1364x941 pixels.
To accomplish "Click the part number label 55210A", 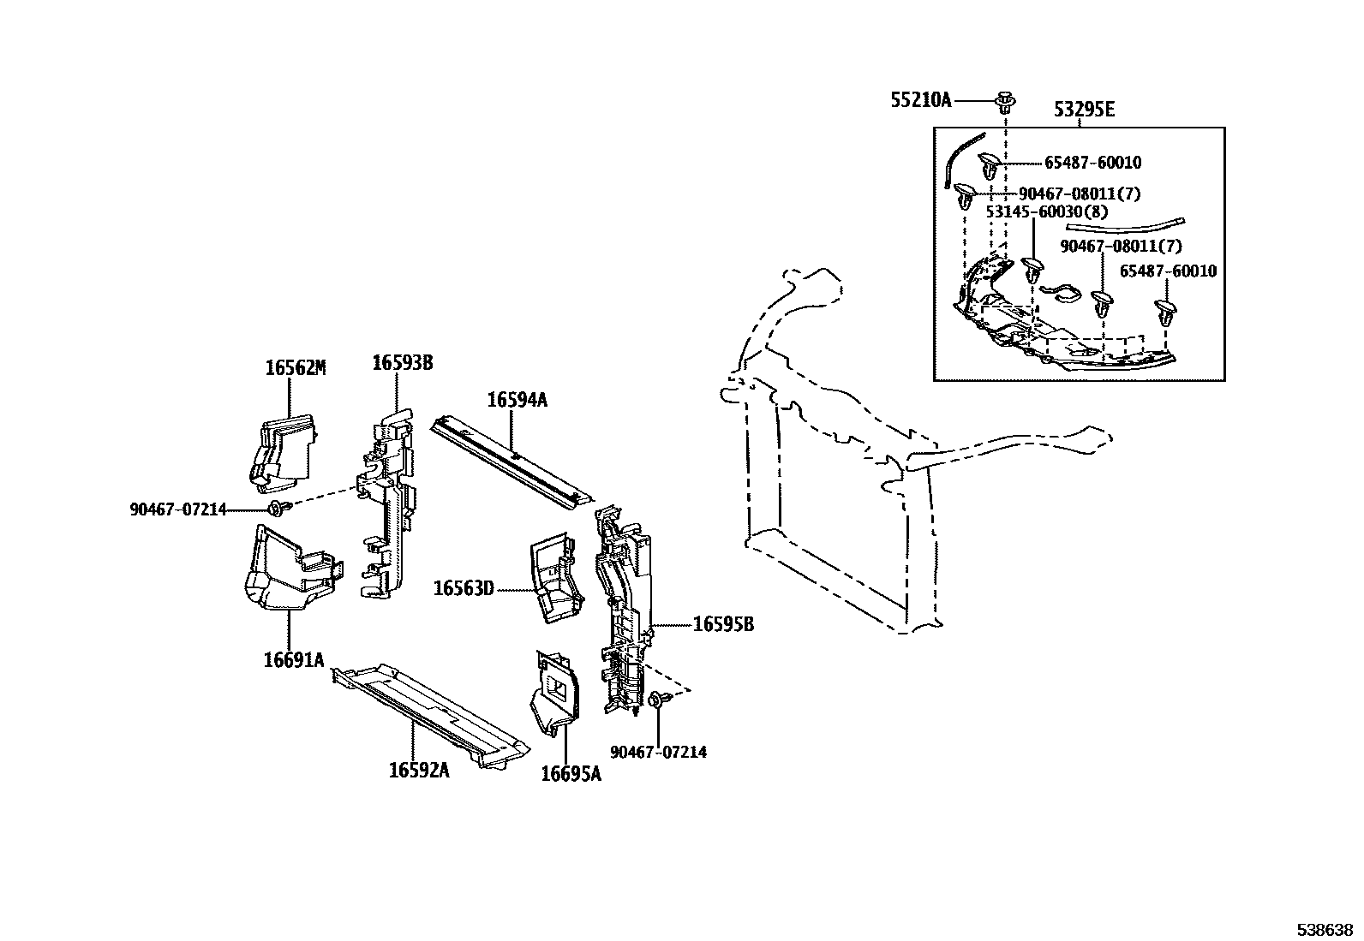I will [x=921, y=101].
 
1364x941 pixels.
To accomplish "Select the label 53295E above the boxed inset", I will [x=1084, y=110].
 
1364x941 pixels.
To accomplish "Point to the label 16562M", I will [x=295, y=368].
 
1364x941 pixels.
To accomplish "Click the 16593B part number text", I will [x=402, y=363].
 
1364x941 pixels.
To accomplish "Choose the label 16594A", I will [x=517, y=399].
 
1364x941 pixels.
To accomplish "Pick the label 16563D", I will [x=464, y=588].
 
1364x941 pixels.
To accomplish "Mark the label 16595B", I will [x=723, y=624].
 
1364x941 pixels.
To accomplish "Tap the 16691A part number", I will [x=294, y=659].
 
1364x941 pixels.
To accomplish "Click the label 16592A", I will [x=418, y=770].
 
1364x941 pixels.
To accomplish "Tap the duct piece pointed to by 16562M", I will [x=285, y=450].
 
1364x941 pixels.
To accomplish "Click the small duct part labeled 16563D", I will [x=555, y=579].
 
